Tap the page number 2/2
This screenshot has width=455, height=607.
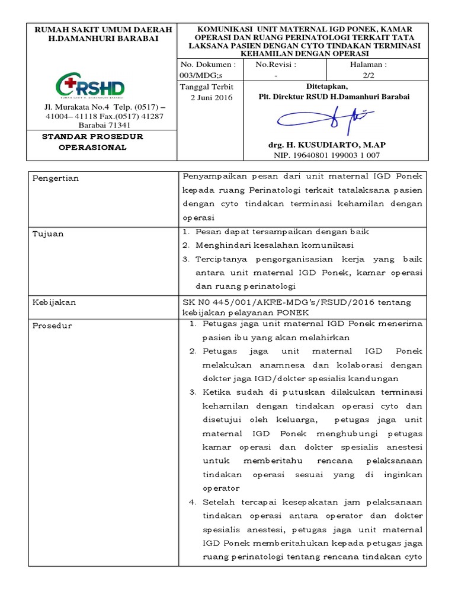click(368, 75)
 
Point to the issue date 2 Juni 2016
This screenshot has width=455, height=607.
click(212, 97)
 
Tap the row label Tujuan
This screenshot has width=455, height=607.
click(48, 234)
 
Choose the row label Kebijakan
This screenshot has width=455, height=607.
click(54, 302)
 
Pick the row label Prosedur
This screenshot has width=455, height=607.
click(53, 325)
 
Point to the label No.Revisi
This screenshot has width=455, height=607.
click(275, 64)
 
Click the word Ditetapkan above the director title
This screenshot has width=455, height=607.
click(334, 86)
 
